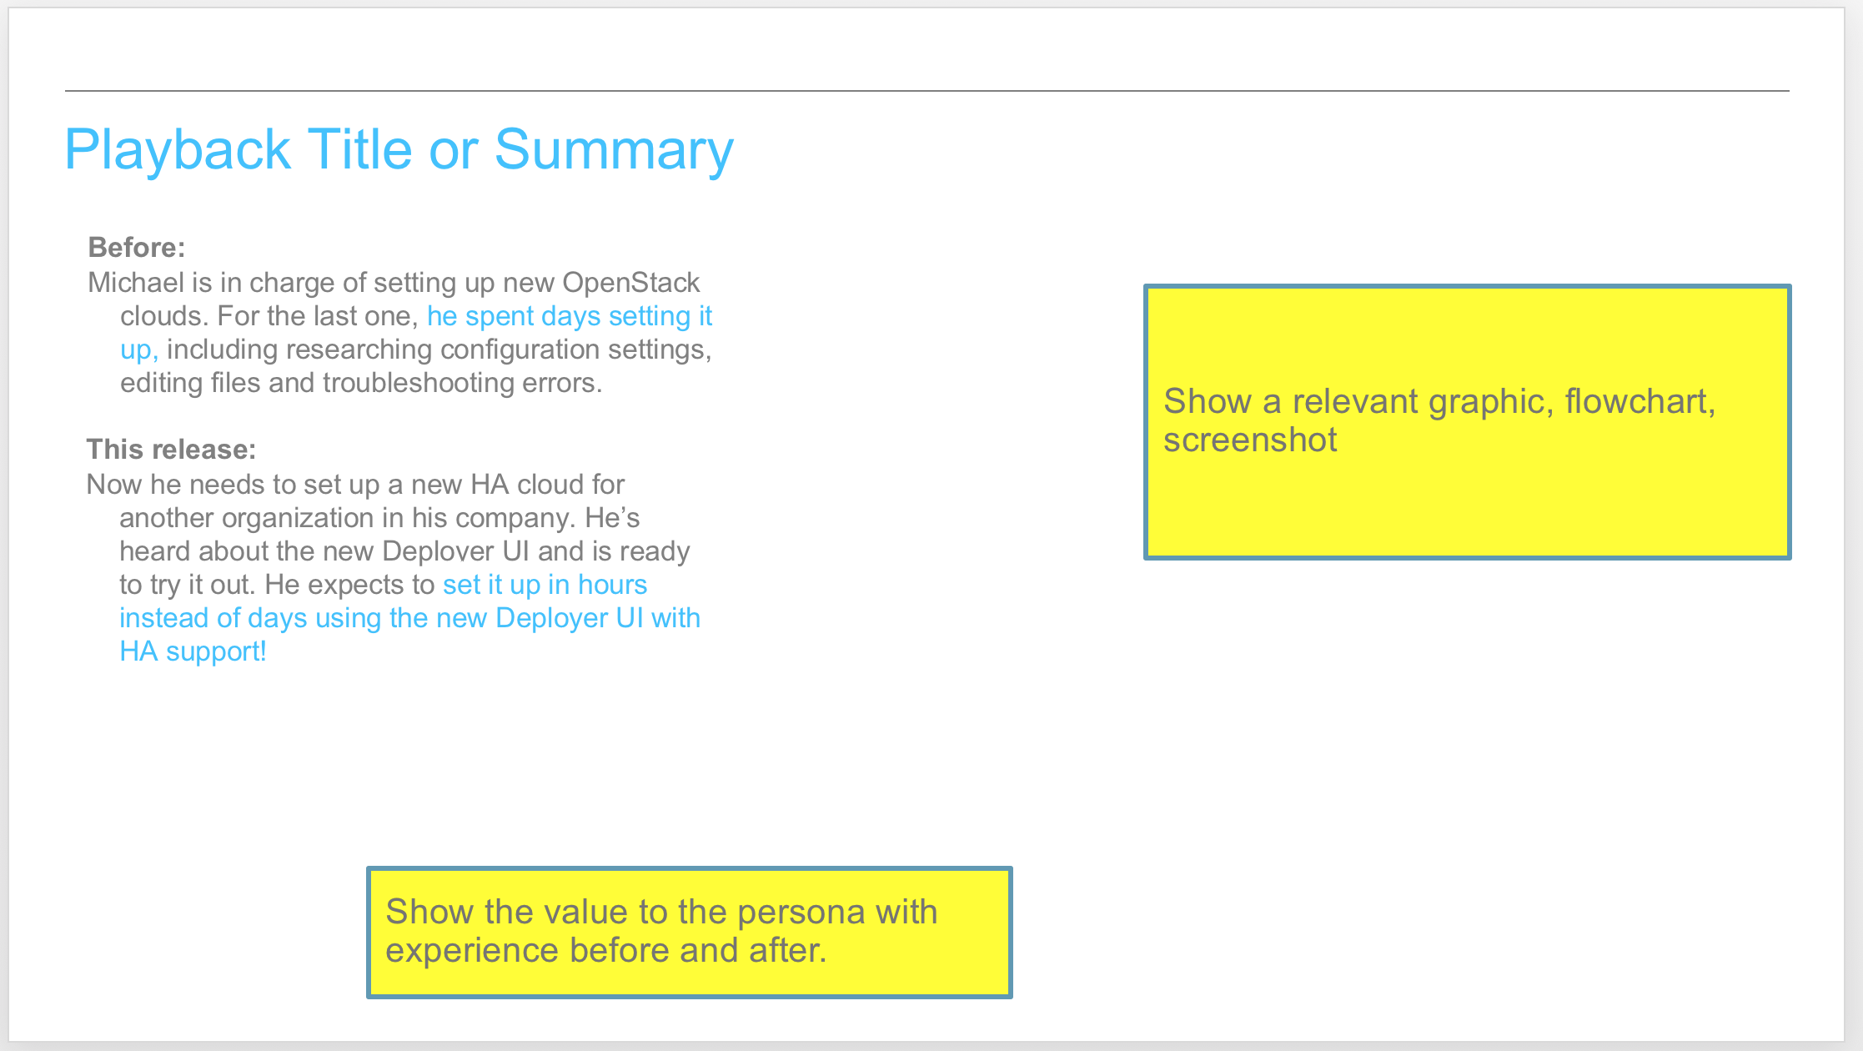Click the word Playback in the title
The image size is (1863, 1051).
pyautogui.click(x=178, y=150)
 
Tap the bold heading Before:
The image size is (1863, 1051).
pyautogui.click(x=137, y=248)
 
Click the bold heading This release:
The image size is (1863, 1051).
pyautogui.click(x=171, y=450)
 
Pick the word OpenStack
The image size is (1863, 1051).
pyautogui.click(x=631, y=284)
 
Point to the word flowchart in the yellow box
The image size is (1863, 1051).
pyautogui.click(x=1640, y=402)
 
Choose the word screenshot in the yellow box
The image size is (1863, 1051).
pyautogui.click(x=1250, y=440)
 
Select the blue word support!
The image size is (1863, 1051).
pyautogui.click(x=216, y=652)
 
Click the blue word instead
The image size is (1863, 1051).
pyautogui.click(x=164, y=618)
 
